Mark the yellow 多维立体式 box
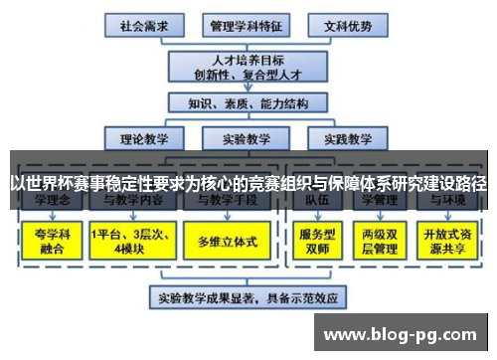click(228, 241)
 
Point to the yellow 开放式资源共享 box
click(446, 240)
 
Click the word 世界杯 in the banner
click(51, 184)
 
